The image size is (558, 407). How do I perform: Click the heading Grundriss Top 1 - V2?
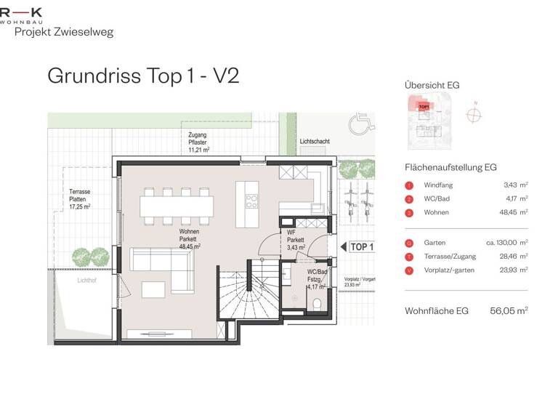coord(142,76)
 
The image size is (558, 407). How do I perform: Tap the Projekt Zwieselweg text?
coord(64,32)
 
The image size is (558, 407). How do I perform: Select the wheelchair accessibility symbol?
coord(360,124)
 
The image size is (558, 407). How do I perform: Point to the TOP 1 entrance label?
coord(361,247)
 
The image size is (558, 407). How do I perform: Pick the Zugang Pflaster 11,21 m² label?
coord(198,142)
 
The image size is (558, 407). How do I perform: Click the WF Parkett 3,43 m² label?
coord(295,241)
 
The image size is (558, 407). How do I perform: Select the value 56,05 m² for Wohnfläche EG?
coord(509,310)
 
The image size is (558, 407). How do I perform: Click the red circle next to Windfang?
coord(409,185)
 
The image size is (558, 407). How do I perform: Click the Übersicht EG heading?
coord(432,86)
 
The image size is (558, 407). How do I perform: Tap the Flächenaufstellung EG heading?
coord(450,167)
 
